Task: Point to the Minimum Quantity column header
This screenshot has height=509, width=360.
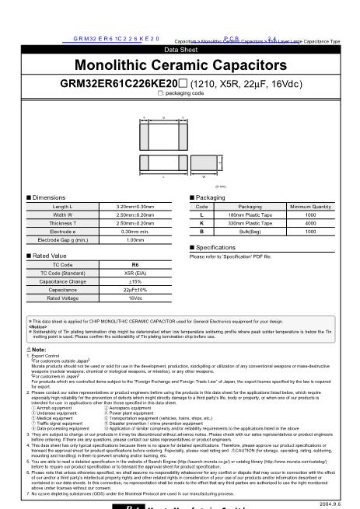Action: pyautogui.click(x=311, y=207)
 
